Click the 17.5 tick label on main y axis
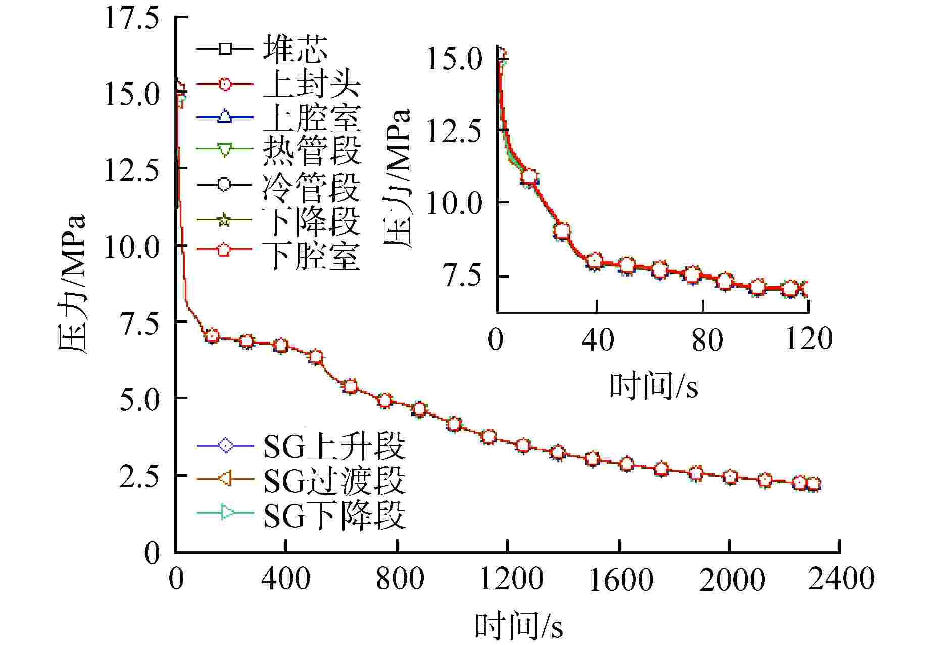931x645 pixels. coord(124,20)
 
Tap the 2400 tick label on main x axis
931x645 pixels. coord(841,578)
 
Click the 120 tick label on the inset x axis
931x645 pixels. coord(808,339)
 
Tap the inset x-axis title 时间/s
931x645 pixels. coord(654,387)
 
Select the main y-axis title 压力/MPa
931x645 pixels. coord(72,284)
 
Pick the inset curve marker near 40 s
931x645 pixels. coord(595,261)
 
